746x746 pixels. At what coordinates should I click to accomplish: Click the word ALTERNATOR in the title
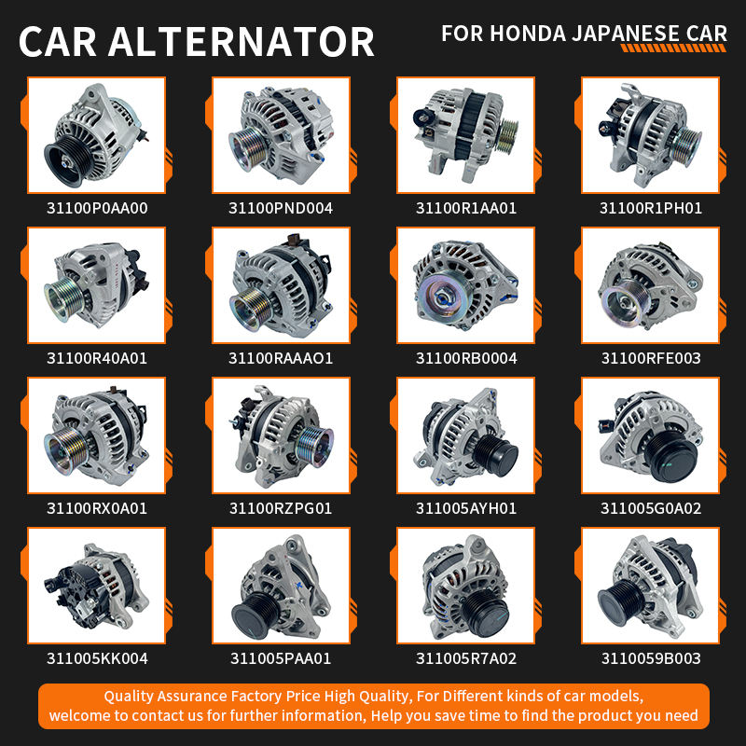242,42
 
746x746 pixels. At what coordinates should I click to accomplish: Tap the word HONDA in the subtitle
528,34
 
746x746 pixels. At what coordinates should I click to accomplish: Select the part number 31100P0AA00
97,208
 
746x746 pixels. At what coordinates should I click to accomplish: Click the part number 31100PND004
281,208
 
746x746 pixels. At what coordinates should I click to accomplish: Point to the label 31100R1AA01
466,208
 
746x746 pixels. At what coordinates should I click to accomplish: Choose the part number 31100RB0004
466,358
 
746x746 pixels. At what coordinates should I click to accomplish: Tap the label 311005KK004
97,658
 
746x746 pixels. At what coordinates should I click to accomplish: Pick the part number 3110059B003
651,658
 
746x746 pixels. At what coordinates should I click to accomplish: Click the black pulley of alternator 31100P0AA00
66,160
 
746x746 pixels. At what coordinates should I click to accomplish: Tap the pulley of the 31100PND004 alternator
247,148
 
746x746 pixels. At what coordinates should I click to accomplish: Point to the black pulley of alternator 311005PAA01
254,615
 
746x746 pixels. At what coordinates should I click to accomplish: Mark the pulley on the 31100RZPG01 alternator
314,446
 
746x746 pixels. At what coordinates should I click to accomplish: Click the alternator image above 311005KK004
97,587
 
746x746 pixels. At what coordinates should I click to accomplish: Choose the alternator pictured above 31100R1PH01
650,135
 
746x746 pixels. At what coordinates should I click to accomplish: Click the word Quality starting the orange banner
128,697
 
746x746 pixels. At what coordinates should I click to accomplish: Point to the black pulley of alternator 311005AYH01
496,455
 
